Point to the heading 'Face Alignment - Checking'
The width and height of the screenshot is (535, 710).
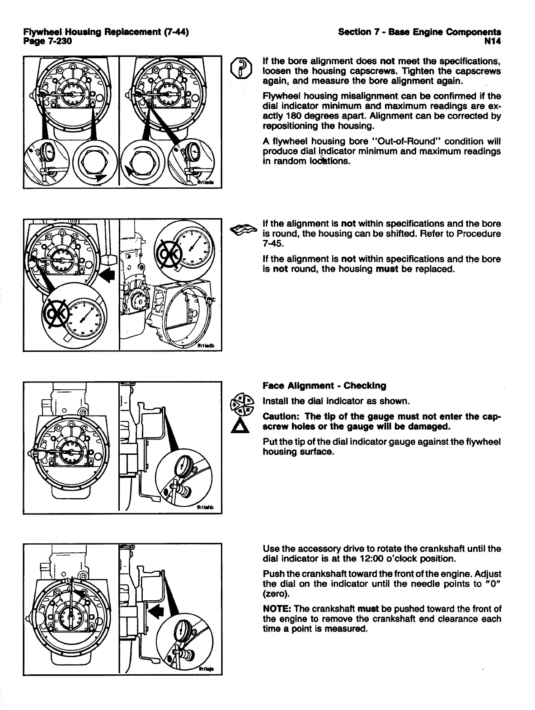[324, 386]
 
